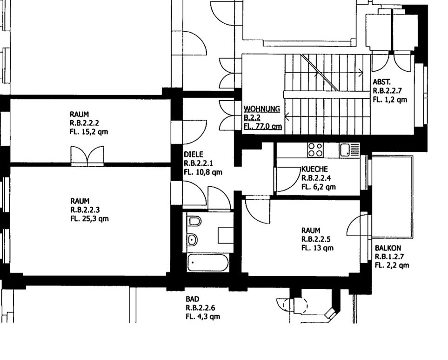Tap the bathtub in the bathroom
(x=208, y=264)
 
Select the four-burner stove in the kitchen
(x=315, y=149)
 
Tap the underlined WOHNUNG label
(x=262, y=109)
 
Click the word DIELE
(x=194, y=154)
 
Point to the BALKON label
(x=388, y=248)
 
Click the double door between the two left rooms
(x=87, y=156)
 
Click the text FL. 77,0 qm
(x=263, y=126)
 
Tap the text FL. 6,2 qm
(x=318, y=187)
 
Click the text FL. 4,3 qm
(x=202, y=316)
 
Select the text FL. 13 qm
(x=317, y=248)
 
